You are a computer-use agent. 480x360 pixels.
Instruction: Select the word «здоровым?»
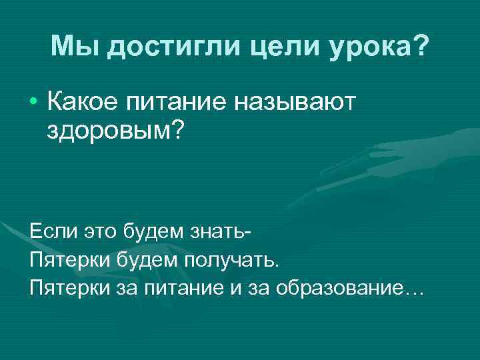[x=114, y=131]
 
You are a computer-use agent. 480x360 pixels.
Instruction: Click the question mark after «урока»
[x=421, y=46]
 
